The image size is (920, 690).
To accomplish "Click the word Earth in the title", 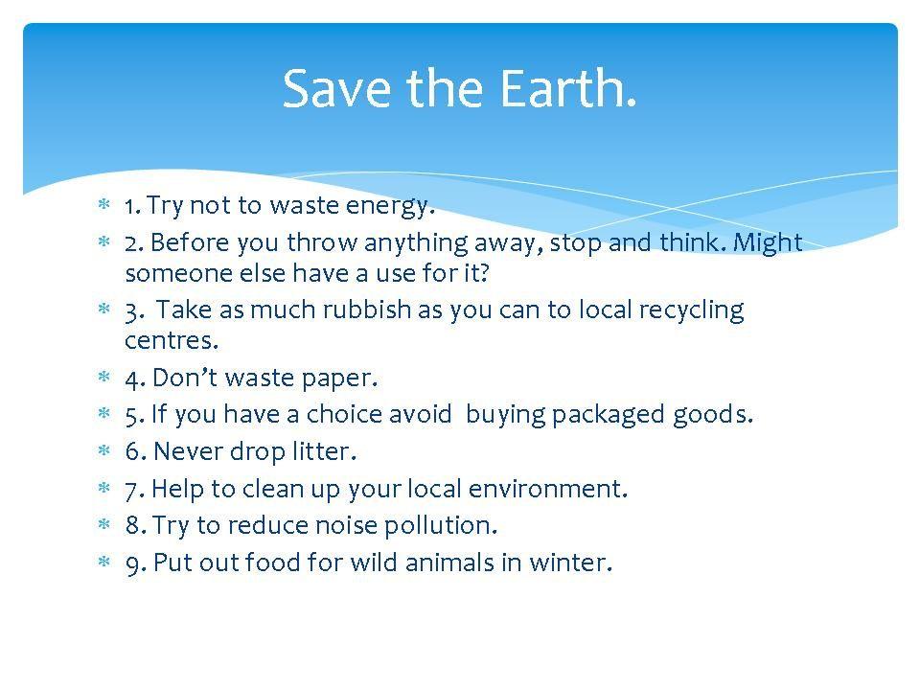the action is pyautogui.click(x=568, y=88).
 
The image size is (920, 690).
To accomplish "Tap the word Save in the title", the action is pyautogui.click(x=336, y=88).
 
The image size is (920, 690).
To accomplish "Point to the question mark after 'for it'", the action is pyautogui.click(x=483, y=273).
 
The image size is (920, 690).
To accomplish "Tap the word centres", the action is pyautogui.click(x=172, y=340).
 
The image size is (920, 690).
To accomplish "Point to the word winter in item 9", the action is pyautogui.click(x=570, y=563).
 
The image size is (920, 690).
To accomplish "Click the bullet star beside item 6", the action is pyautogui.click(x=104, y=450).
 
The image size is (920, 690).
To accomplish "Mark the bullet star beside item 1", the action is pyautogui.click(x=104, y=204).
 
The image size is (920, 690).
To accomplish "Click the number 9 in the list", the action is pyautogui.click(x=132, y=564).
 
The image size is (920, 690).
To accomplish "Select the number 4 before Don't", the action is pyautogui.click(x=132, y=379).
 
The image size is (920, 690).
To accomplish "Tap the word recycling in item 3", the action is pyautogui.click(x=691, y=310).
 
